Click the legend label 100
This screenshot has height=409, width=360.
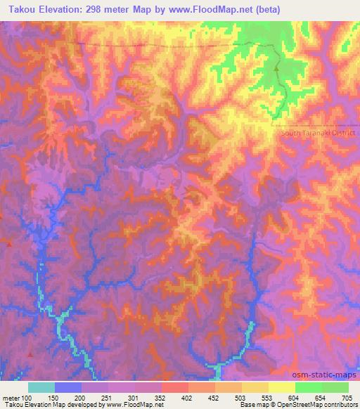point(27,397)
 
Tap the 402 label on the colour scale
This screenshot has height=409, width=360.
point(187,397)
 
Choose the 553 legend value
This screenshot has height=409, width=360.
point(267,397)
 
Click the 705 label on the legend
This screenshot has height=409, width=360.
point(347,397)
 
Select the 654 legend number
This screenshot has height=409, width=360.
point(320,397)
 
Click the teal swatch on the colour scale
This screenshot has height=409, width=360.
point(41,387)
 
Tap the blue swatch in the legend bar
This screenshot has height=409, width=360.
point(67,387)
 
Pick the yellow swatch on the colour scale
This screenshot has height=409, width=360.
point(281,387)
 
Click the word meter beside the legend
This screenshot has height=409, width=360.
point(11,397)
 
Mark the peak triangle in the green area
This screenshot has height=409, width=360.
point(276,69)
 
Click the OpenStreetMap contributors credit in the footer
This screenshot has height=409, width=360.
point(313,405)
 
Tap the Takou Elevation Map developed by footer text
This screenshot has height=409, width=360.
point(53,405)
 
